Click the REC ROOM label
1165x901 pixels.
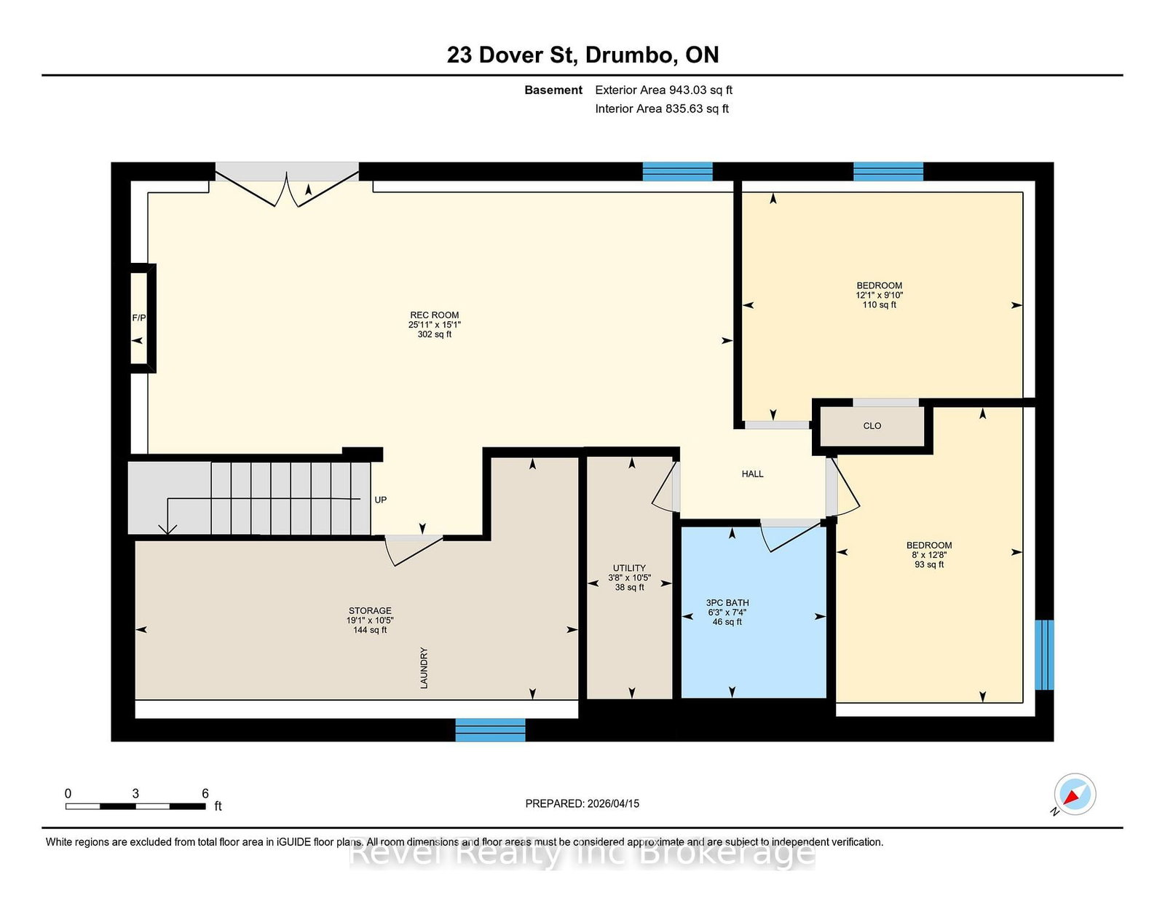[434, 315]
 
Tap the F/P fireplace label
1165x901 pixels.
[139, 318]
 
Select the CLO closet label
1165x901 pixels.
[872, 426]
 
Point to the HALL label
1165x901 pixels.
[752, 474]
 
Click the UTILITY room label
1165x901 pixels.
[629, 568]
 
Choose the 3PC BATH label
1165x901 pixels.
[727, 603]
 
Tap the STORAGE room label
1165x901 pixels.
[370, 610]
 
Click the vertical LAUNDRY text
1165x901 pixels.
[424, 668]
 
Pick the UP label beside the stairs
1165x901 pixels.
[380, 500]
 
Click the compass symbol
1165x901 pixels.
[1075, 794]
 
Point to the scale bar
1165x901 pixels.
[135, 806]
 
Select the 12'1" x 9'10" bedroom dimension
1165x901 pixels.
[880, 295]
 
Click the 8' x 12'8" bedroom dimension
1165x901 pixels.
[929, 555]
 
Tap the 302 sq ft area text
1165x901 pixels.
[434, 334]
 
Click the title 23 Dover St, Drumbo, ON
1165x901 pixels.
[582, 55]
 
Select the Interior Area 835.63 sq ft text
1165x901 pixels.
[662, 109]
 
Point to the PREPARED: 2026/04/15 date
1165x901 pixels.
[582, 803]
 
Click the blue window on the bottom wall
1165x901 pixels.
[490, 730]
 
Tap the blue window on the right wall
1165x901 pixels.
[1044, 655]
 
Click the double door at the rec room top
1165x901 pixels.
[287, 184]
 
